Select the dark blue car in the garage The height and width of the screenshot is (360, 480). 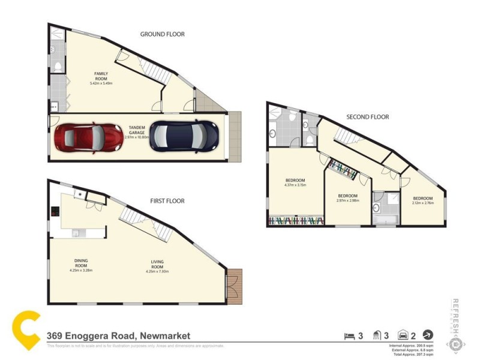pyautogui.click(x=183, y=136)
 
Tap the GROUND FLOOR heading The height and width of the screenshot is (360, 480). pyautogui.click(x=162, y=34)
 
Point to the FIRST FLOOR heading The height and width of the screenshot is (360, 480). pyautogui.click(x=167, y=201)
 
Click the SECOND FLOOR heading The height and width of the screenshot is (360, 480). pyautogui.click(x=367, y=117)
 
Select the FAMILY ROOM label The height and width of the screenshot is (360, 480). pyautogui.click(x=101, y=76)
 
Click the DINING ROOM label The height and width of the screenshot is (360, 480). pyautogui.click(x=81, y=263)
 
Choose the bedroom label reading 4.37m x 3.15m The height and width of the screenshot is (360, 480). pyautogui.click(x=295, y=182)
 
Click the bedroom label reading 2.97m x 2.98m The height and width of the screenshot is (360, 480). pyautogui.click(x=347, y=198)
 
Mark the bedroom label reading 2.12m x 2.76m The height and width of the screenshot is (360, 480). pyautogui.click(x=422, y=200)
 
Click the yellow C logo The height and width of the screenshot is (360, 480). pyautogui.click(x=27, y=329)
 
